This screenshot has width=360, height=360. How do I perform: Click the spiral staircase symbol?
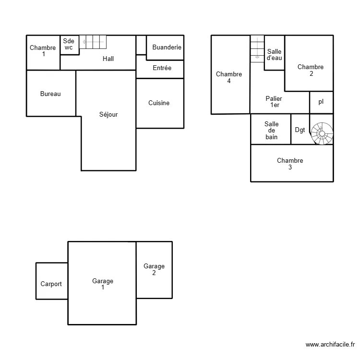[322, 133]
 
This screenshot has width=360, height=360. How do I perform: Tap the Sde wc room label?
[69, 45]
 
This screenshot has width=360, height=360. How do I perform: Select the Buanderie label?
[167, 48]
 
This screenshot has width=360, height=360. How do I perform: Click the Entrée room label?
[162, 68]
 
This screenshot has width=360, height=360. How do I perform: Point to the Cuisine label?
[159, 103]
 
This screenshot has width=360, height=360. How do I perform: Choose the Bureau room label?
[50, 94]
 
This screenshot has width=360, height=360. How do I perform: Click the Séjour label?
[108, 115]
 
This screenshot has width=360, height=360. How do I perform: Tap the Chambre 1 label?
[43, 51]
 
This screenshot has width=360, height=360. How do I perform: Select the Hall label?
[108, 59]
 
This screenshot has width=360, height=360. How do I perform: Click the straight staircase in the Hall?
[92, 42]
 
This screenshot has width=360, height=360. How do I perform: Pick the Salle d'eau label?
[274, 55]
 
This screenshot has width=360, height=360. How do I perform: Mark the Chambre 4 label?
[229, 77]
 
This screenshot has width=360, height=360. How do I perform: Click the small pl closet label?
[321, 102]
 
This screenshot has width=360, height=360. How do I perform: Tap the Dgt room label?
[300, 130]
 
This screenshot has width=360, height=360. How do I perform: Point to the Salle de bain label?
[271, 130]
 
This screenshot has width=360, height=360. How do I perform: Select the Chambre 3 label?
[290, 164]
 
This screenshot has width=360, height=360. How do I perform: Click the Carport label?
[51, 284]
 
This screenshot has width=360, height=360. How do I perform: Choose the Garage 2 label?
[154, 269]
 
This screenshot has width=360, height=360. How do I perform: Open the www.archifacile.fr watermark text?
[330, 345]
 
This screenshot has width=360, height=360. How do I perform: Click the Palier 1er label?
[274, 102]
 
